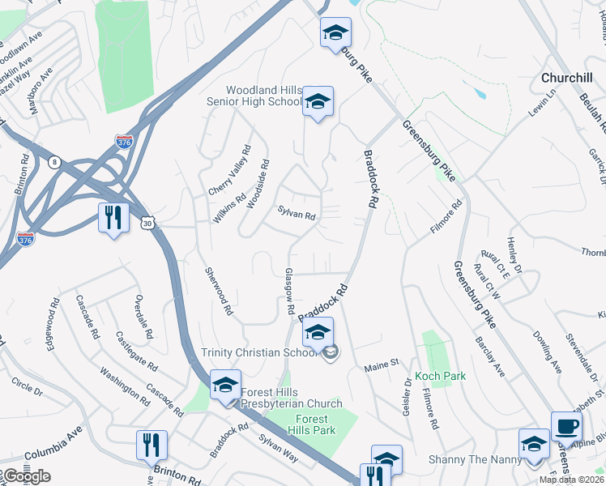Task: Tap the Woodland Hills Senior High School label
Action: tap(254, 96)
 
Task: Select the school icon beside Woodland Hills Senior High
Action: tap(318, 102)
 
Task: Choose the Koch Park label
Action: tap(440, 377)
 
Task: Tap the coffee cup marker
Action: tap(566, 426)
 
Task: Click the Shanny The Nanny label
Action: tap(471, 458)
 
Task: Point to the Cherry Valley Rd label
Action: tap(229, 170)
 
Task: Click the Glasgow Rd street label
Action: tap(288, 292)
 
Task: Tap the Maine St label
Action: tap(382, 364)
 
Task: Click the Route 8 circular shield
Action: tap(54, 161)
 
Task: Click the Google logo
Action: tap(26, 475)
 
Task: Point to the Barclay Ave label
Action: tap(490, 356)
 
